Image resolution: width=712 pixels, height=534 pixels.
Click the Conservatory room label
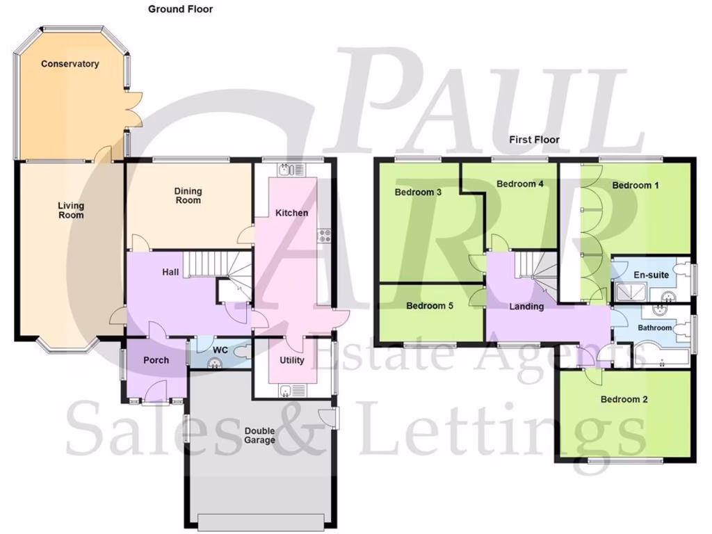(x=70, y=64)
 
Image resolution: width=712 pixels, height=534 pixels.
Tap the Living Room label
(x=71, y=210)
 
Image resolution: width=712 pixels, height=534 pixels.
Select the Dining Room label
(x=188, y=195)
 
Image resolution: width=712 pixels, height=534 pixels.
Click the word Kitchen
(x=291, y=212)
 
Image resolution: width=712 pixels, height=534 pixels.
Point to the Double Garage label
(x=259, y=435)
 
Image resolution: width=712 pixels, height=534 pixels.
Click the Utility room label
(x=292, y=360)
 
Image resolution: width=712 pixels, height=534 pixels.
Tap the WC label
(x=221, y=349)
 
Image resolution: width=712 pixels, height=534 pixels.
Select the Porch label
(x=156, y=360)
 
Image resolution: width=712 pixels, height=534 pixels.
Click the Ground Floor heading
(x=180, y=9)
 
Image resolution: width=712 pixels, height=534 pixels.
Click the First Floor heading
(x=534, y=139)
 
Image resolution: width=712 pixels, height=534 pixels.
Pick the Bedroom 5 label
(x=430, y=305)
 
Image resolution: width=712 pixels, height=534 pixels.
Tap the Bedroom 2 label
(x=624, y=399)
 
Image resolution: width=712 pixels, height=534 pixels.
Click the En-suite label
(x=651, y=275)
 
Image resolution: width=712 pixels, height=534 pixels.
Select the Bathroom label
(x=655, y=327)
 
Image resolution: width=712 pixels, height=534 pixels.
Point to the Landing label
(x=526, y=306)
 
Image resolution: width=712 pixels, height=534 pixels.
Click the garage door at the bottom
(x=261, y=520)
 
